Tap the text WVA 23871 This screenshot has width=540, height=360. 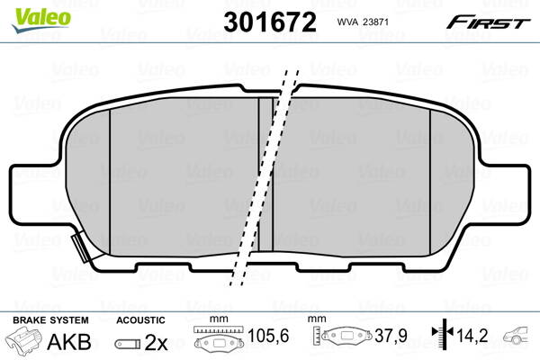point(366,22)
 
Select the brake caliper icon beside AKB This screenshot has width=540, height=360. point(28,341)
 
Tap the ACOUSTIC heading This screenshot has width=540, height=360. point(141,319)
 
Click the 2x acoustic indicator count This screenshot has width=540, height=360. point(157,341)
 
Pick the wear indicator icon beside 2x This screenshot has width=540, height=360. point(129,343)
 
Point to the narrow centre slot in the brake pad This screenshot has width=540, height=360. point(265,171)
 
